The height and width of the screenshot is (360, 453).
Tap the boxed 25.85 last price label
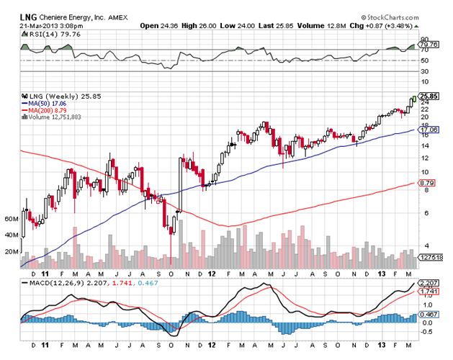coord(429,96)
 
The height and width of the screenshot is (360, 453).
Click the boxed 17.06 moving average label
coord(429,130)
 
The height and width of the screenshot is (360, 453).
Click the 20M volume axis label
coord(11,251)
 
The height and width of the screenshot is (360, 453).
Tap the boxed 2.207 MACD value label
coord(429,283)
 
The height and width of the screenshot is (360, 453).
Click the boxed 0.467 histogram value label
coord(429,315)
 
